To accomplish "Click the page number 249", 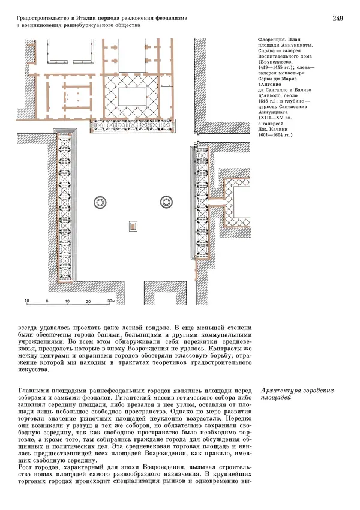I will [337, 19].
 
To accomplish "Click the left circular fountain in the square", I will [98, 202].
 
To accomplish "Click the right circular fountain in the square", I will [164, 202].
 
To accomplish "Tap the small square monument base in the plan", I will [131, 226].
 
